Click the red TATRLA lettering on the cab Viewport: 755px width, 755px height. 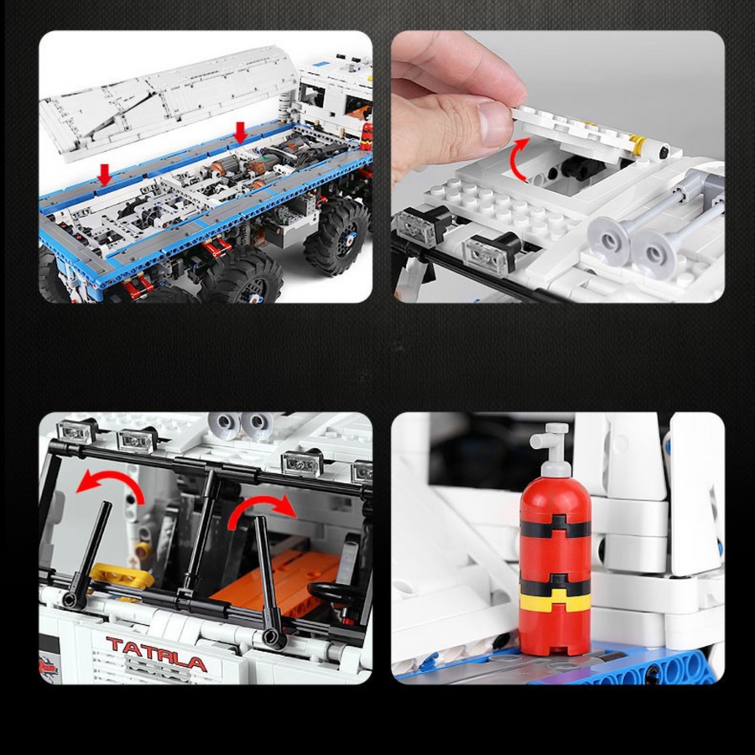(x=157, y=653)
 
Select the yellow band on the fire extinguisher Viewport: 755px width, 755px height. (x=555, y=601)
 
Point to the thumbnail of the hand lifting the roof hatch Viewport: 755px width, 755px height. (x=558, y=167)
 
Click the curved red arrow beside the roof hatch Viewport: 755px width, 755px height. (x=520, y=159)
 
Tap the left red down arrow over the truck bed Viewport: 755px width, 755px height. (x=105, y=174)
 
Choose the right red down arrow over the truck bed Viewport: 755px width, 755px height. (x=240, y=133)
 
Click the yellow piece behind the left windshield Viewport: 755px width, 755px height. (x=122, y=575)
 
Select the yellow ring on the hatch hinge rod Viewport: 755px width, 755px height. (x=639, y=143)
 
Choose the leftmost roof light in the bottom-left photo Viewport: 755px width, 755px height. (x=75, y=431)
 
